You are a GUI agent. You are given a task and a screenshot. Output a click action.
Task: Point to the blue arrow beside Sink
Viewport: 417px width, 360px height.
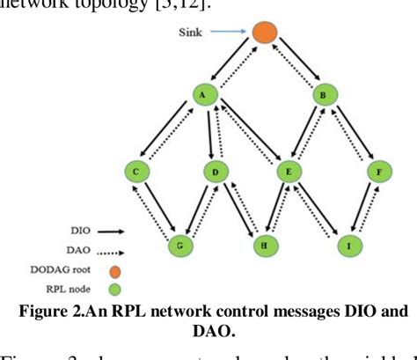coord(226,32)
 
